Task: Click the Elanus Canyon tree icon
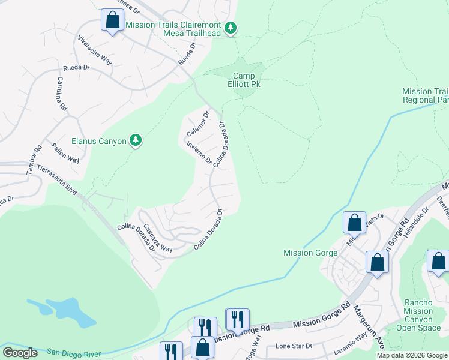[136, 140]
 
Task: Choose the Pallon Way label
[65, 152]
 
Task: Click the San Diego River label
[74, 352]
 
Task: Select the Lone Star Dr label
[294, 346]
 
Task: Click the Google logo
[20, 352]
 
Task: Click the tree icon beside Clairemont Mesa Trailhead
[231, 28]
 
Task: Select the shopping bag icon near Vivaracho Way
[112, 20]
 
